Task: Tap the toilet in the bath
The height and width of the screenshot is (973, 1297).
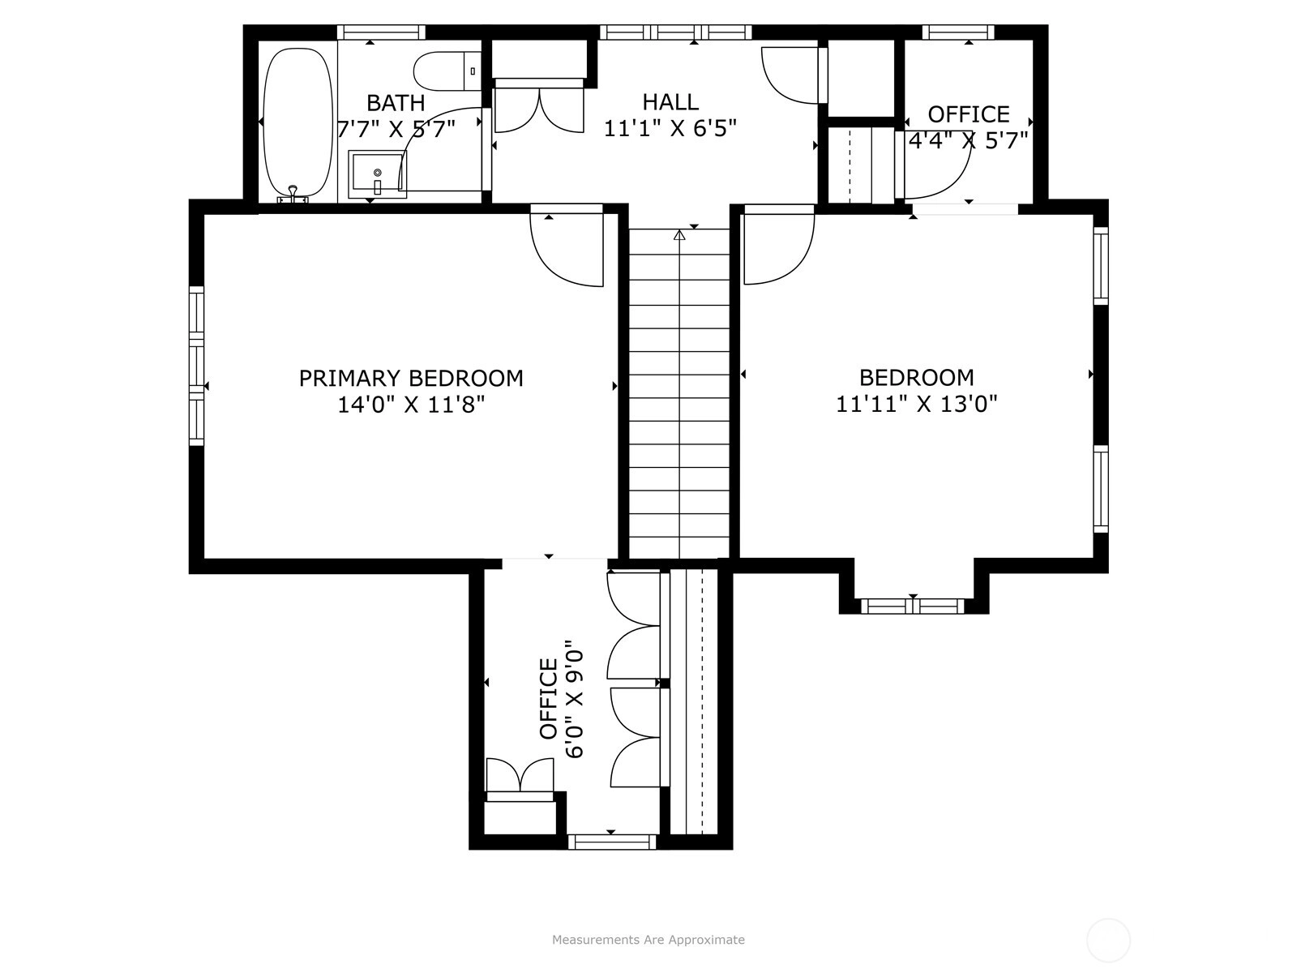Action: tap(447, 71)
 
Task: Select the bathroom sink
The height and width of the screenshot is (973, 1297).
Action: tap(377, 174)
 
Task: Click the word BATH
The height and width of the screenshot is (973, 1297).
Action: tap(396, 103)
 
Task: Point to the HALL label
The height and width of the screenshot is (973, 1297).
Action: tap(670, 101)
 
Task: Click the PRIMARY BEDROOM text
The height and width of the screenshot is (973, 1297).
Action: tap(411, 378)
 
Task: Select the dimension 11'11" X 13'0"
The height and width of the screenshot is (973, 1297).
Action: tap(916, 404)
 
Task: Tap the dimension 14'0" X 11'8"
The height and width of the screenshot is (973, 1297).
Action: tap(411, 405)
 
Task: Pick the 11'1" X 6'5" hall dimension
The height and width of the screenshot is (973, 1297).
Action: tap(670, 128)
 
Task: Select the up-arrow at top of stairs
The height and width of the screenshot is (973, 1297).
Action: tap(679, 235)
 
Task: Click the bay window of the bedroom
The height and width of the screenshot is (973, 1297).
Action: tap(912, 607)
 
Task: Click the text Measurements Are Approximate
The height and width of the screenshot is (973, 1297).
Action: tap(648, 939)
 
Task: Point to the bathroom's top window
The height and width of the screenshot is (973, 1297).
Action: tap(381, 32)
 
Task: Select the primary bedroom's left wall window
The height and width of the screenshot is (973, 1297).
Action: tap(196, 366)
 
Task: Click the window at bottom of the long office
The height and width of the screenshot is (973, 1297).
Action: tap(612, 842)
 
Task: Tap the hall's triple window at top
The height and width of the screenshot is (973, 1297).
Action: tap(676, 32)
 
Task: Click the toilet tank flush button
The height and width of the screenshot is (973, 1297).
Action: tap(473, 71)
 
